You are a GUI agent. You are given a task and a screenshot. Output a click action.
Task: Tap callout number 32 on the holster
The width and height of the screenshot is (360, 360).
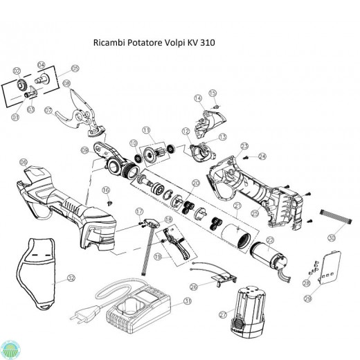(71, 278)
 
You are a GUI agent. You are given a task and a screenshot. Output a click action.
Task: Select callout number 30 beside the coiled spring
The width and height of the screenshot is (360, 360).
(332, 237)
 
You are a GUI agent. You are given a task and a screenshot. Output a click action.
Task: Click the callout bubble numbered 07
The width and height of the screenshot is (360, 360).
(48, 110)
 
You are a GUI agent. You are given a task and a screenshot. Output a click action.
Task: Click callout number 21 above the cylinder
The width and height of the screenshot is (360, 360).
(237, 206)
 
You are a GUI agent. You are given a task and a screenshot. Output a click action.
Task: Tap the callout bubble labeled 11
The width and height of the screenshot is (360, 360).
(146, 129)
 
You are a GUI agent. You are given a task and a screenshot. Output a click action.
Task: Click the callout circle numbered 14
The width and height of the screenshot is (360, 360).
(198, 98)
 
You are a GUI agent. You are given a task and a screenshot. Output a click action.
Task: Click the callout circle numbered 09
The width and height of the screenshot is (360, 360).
(84, 150)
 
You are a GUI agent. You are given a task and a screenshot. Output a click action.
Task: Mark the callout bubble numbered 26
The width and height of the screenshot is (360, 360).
(193, 285)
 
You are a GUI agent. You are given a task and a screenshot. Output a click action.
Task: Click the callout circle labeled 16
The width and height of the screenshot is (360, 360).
(106, 190)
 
